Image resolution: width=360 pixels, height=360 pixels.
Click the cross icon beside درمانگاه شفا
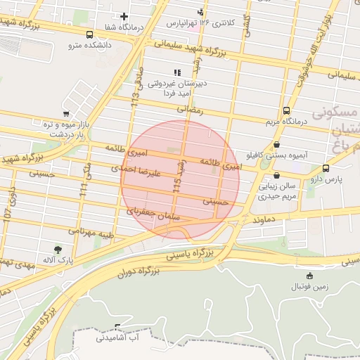[x=124, y=16]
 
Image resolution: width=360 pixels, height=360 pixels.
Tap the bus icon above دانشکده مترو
[x=89, y=34]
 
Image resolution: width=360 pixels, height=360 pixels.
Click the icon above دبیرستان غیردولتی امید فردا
[x=177, y=72]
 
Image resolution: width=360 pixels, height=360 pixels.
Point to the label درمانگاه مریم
[x=287, y=122]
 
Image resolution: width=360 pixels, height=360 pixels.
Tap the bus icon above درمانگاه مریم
[x=286, y=110]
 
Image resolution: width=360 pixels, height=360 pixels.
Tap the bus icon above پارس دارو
[x=326, y=168]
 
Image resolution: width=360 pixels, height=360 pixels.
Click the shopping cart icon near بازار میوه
[x=66, y=113]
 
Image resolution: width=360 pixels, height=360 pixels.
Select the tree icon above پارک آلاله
[x=58, y=249]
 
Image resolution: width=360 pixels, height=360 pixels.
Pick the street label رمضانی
[x=189, y=110]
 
